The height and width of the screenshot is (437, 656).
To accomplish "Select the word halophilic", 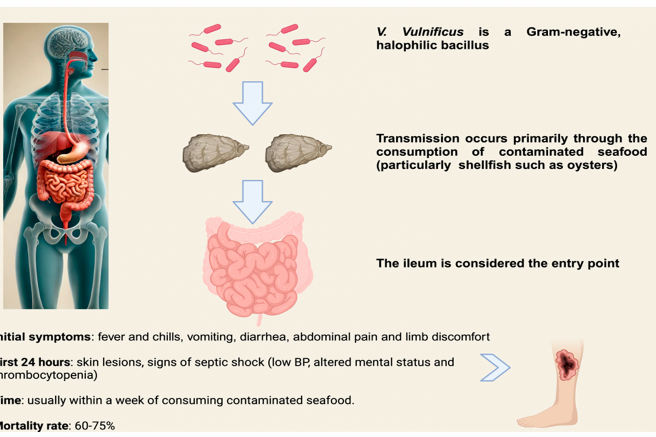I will point(405,45).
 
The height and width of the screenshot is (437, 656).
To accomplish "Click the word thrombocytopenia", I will point(49,375).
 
